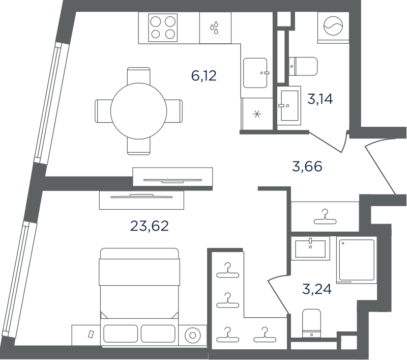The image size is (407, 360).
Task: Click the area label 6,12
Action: tap(204, 76)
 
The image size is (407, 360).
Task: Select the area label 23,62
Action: tap(149, 226)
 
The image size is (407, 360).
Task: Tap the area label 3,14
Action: tap(320, 99)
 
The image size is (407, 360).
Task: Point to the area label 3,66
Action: tap(307, 166)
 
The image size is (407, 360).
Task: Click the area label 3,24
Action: tap(317, 289)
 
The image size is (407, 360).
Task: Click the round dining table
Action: tap(138, 111)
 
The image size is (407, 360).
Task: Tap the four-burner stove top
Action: tap(163, 28)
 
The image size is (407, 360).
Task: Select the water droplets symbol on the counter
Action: tap(214, 28)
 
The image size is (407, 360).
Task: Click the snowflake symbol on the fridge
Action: tap(257, 114)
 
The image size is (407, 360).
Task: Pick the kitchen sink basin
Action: tap(255, 73)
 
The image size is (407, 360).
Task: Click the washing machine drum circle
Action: tap(333, 26)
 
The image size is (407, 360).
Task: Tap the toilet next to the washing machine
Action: tap(303, 66)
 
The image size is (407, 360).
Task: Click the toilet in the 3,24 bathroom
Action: tap(311, 323)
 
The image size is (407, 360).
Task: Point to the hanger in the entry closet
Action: tap(325, 216)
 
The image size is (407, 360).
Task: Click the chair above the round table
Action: tap(138, 75)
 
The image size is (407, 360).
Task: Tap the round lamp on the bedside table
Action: tap(193, 336)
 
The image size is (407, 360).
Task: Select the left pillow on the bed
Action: tap(121, 334)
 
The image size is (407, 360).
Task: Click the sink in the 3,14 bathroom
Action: tap(289, 106)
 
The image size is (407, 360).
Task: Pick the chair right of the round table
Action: tap(174, 111)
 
